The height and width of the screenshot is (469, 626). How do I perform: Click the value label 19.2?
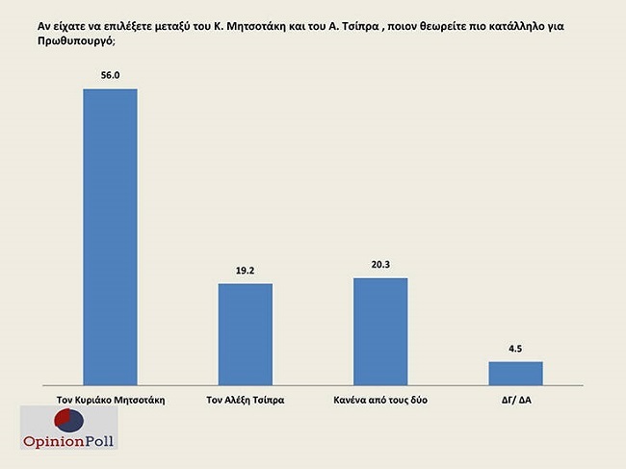tap(246, 271)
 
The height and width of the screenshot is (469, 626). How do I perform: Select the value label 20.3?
tap(380, 264)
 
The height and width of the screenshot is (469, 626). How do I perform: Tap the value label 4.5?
tap(516, 348)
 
